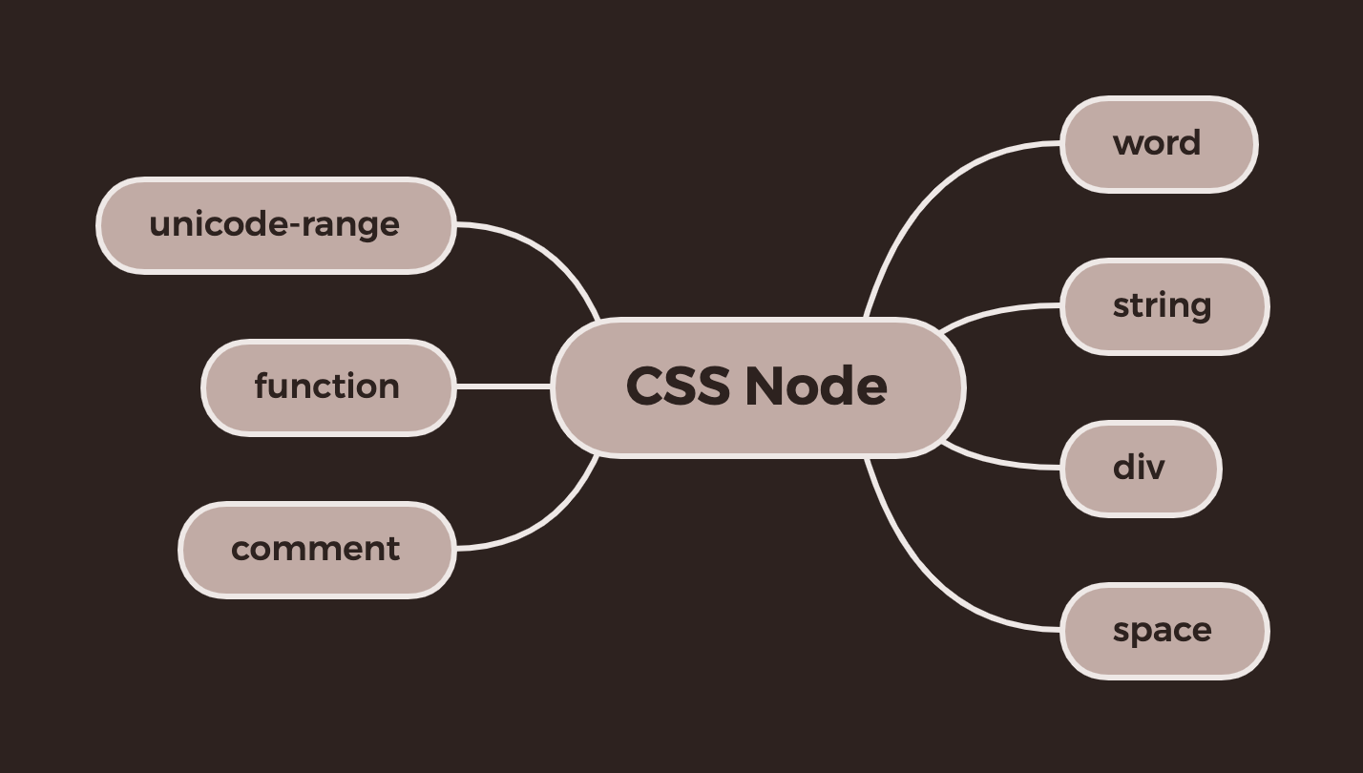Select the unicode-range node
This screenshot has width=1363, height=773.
[275, 225]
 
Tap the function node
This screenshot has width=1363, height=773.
[327, 387]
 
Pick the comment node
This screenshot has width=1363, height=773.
[315, 550]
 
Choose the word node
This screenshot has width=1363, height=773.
[1158, 144]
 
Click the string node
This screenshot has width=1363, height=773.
[1164, 306]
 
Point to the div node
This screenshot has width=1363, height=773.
[1140, 469]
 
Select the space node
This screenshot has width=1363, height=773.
[1164, 631]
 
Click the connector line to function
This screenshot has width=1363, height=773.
[503, 386]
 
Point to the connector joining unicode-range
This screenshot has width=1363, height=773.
[544, 250]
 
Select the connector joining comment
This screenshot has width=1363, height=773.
[544, 523]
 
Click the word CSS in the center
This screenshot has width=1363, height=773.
[678, 386]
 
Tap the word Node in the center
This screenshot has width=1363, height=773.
[815, 386]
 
